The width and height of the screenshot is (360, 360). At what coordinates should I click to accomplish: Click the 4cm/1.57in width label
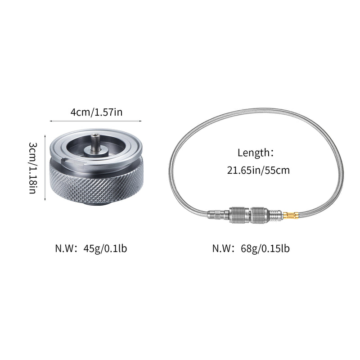96,112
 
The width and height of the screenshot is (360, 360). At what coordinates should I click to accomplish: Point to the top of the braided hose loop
256,110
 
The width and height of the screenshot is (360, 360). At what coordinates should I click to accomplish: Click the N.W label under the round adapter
66,248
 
